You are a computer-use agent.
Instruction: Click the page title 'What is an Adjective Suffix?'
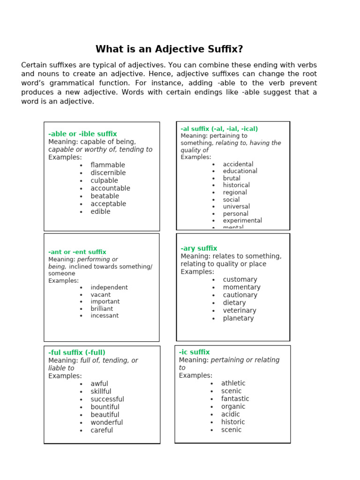coord(169,49)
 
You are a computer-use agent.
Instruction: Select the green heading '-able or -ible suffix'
coord(82,134)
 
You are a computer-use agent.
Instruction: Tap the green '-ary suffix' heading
coord(199,248)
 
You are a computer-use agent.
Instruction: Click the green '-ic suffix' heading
coord(194,352)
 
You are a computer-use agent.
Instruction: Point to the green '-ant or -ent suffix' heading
coord(77,252)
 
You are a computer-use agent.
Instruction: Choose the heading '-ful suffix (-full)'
coord(77,352)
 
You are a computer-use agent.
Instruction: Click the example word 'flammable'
coord(108,165)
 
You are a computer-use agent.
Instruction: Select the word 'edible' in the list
coord(100,211)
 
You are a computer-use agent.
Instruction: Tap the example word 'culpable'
coord(104,180)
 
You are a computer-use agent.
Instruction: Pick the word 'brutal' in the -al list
coord(232,178)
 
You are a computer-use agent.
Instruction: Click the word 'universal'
coord(236,206)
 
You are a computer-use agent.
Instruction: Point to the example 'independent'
coord(109,287)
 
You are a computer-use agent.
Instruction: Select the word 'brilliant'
coord(102,308)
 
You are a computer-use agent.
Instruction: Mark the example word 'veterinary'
coord(240,310)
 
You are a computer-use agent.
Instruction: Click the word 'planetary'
coord(238,318)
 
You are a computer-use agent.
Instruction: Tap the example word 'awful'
coord(99,383)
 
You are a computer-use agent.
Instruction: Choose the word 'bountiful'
coord(105,407)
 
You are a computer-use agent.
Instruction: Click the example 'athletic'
coord(233,383)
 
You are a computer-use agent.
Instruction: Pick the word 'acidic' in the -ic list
coord(230,414)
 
